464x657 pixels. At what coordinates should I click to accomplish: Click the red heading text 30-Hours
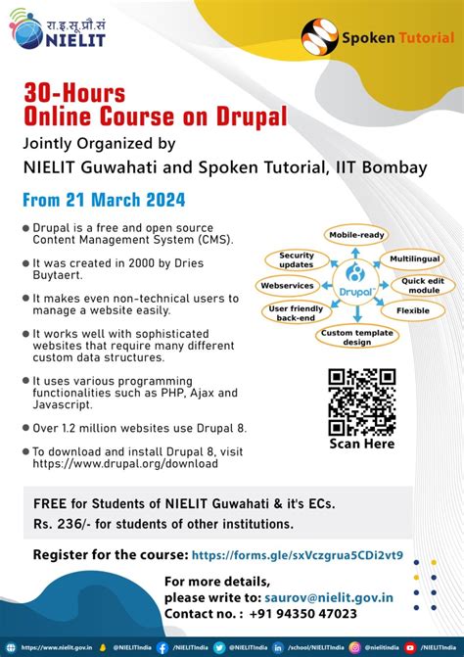[75, 95]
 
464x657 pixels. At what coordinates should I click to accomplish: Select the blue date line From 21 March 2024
[104, 200]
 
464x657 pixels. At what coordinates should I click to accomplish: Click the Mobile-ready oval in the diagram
[356, 235]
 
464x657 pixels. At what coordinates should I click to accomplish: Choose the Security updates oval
[296, 260]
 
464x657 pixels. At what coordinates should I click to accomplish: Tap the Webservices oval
[286, 286]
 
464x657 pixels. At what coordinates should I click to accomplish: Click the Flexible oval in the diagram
[412, 310]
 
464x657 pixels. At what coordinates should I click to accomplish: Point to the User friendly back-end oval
[297, 313]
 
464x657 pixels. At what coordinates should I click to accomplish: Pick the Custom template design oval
[357, 336]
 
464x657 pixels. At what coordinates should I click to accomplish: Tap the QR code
[361, 400]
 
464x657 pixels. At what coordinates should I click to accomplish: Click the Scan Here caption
[361, 444]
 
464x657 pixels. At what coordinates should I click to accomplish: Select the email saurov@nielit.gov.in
[329, 596]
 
